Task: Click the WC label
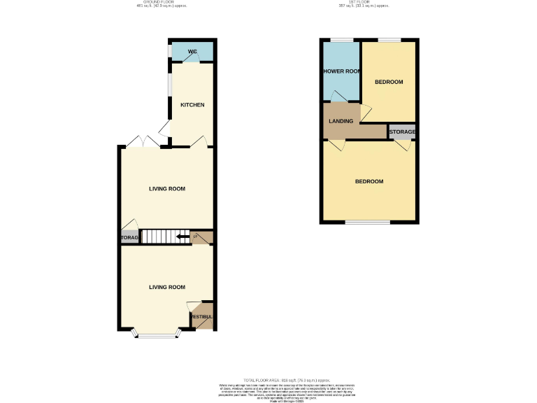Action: click(x=192, y=51)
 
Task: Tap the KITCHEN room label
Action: click(x=192, y=105)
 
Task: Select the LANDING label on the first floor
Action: click(x=341, y=122)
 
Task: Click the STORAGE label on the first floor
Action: click(x=402, y=132)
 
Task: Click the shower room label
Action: click(x=341, y=71)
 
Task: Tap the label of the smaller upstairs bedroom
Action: click(x=389, y=82)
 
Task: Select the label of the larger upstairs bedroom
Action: click(x=369, y=182)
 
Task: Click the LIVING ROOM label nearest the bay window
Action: click(x=167, y=287)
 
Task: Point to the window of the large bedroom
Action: click(x=368, y=222)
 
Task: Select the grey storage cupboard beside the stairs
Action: click(x=129, y=238)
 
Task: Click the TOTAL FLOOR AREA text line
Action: click(x=268, y=379)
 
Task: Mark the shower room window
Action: click(x=341, y=40)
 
